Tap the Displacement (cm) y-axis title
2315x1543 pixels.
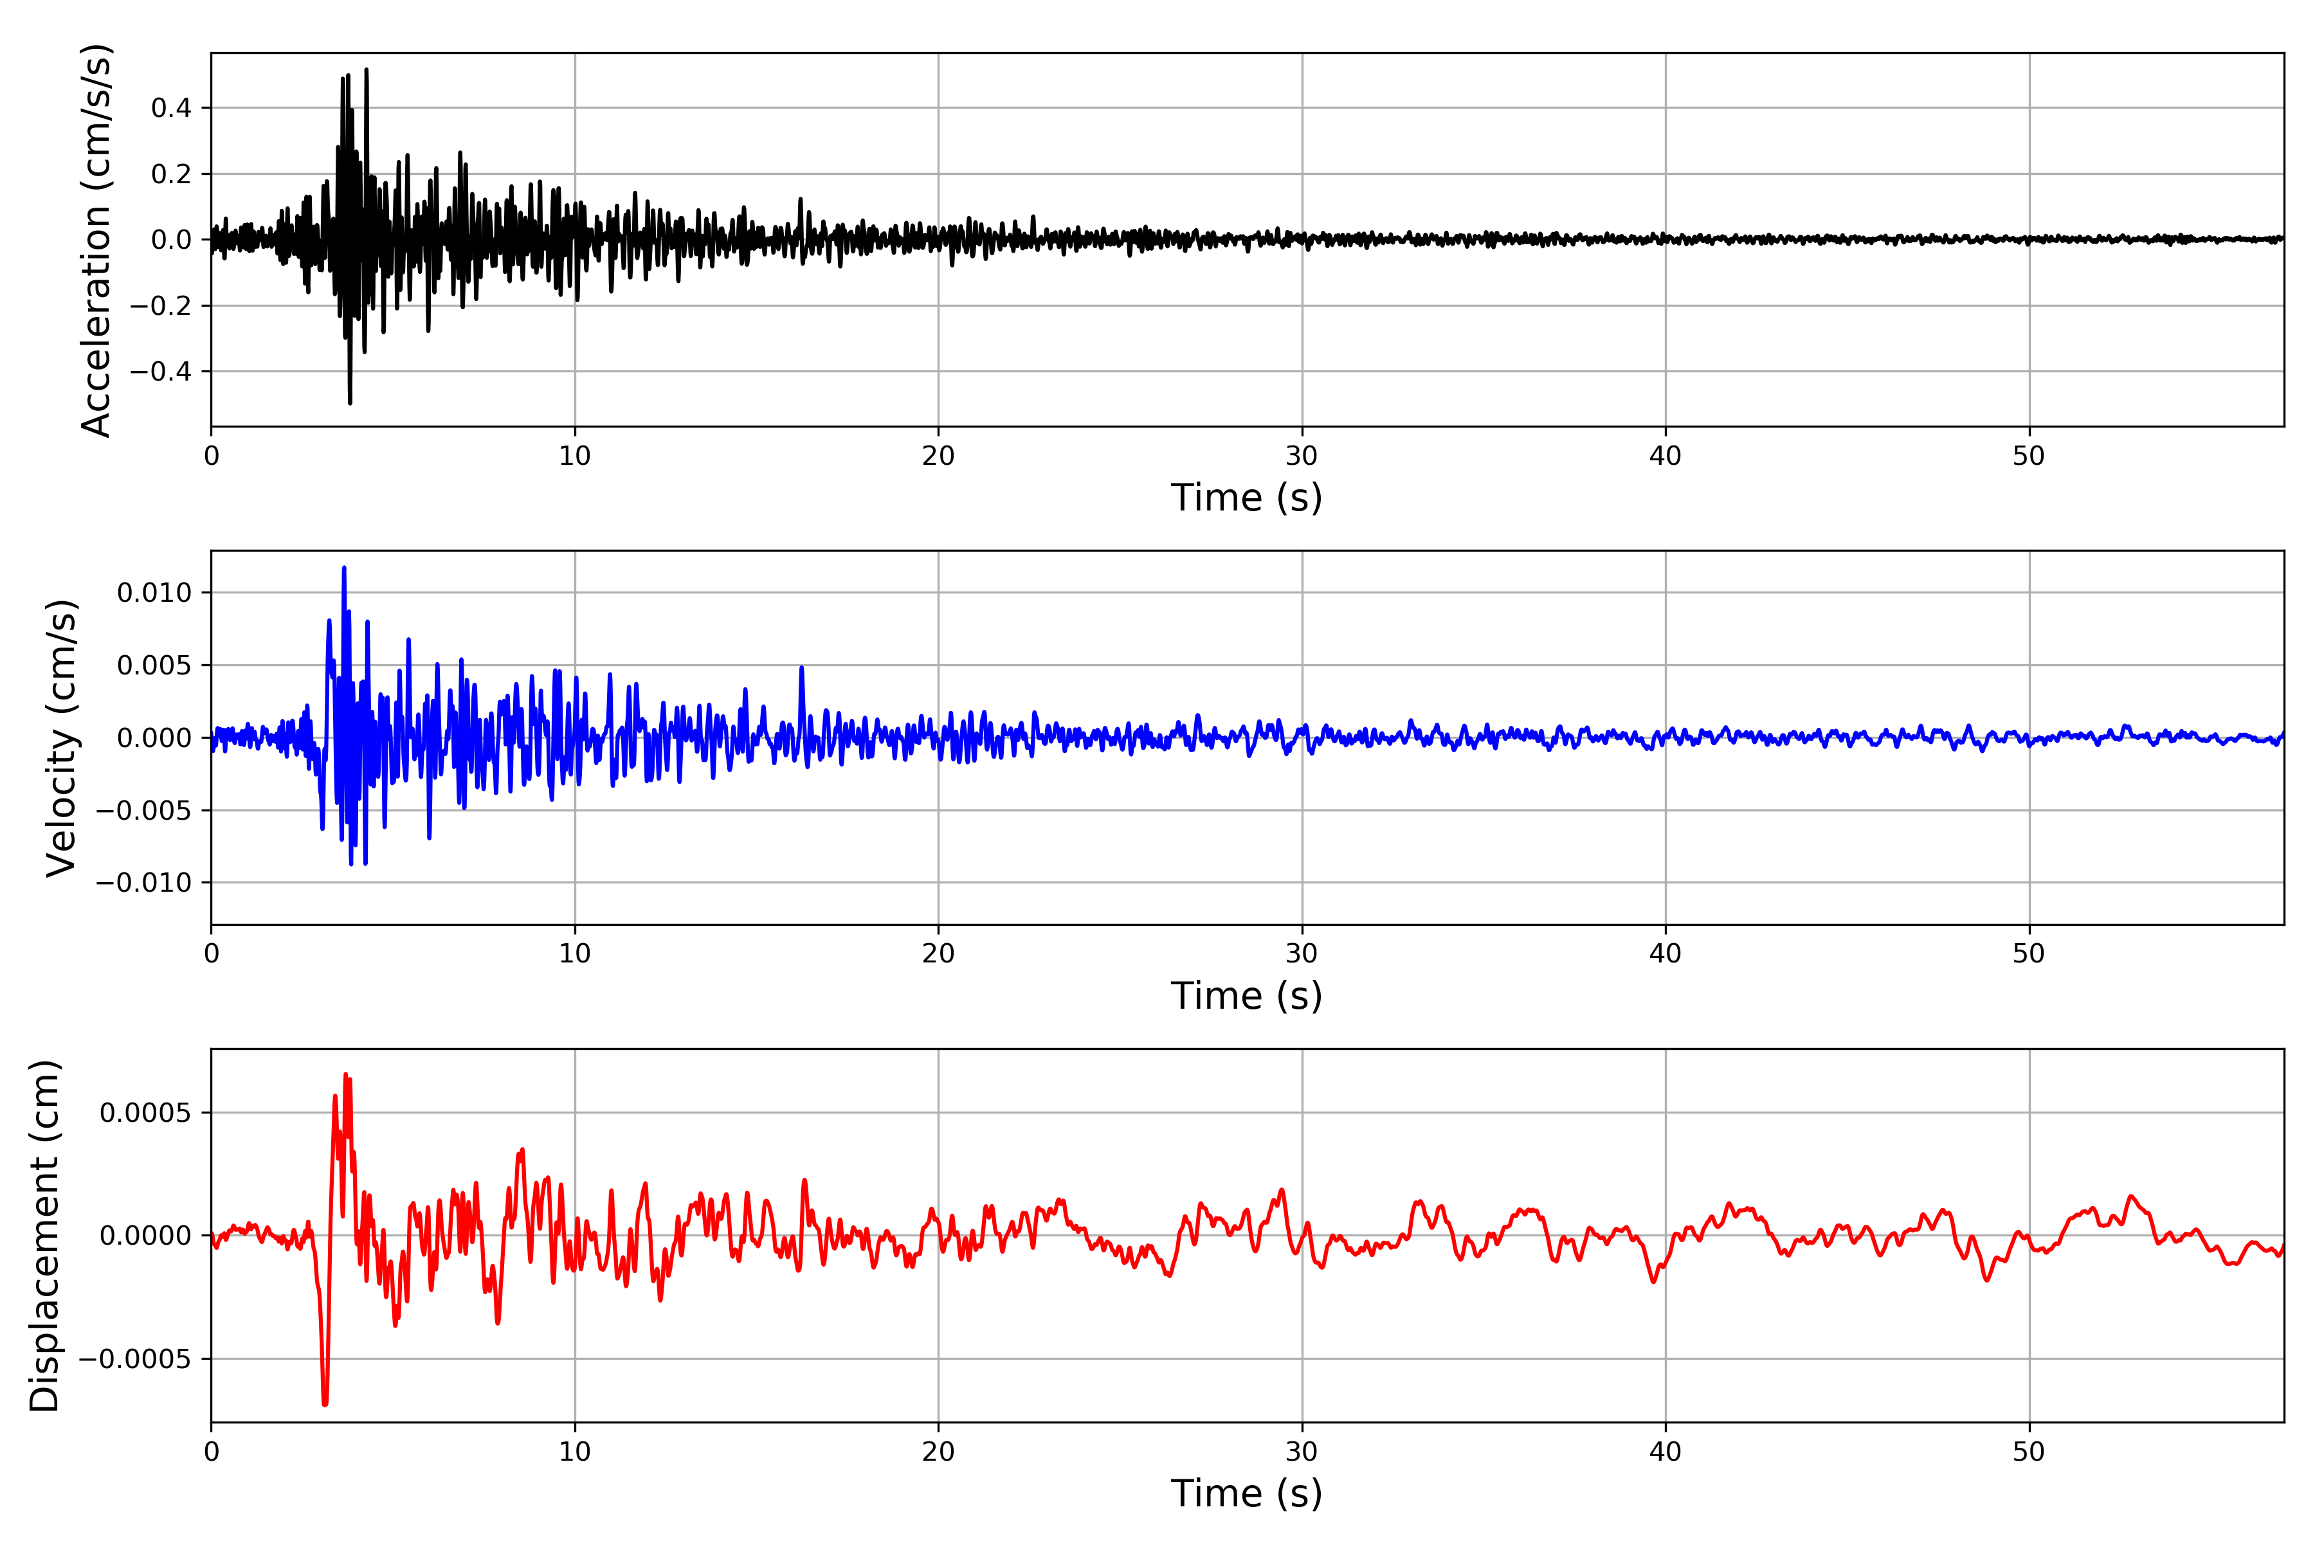(x=44, y=1236)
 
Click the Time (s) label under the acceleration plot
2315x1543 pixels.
(x=1246, y=498)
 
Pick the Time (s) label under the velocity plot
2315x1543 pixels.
(x=1246, y=996)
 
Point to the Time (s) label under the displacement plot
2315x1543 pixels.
(x=1246, y=1493)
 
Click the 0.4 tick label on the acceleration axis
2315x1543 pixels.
(x=171, y=108)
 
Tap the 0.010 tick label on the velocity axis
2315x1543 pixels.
(x=154, y=593)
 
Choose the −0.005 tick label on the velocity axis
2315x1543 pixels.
(x=143, y=811)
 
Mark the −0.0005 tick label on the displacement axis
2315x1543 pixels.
(x=135, y=1360)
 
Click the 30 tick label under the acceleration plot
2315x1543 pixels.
(x=1301, y=456)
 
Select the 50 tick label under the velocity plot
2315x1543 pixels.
(x=2029, y=953)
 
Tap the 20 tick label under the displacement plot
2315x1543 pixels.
(x=938, y=1452)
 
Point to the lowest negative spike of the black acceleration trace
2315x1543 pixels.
(x=349, y=401)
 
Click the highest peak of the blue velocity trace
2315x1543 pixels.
(x=343, y=568)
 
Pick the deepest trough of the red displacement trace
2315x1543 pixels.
(x=325, y=1403)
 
